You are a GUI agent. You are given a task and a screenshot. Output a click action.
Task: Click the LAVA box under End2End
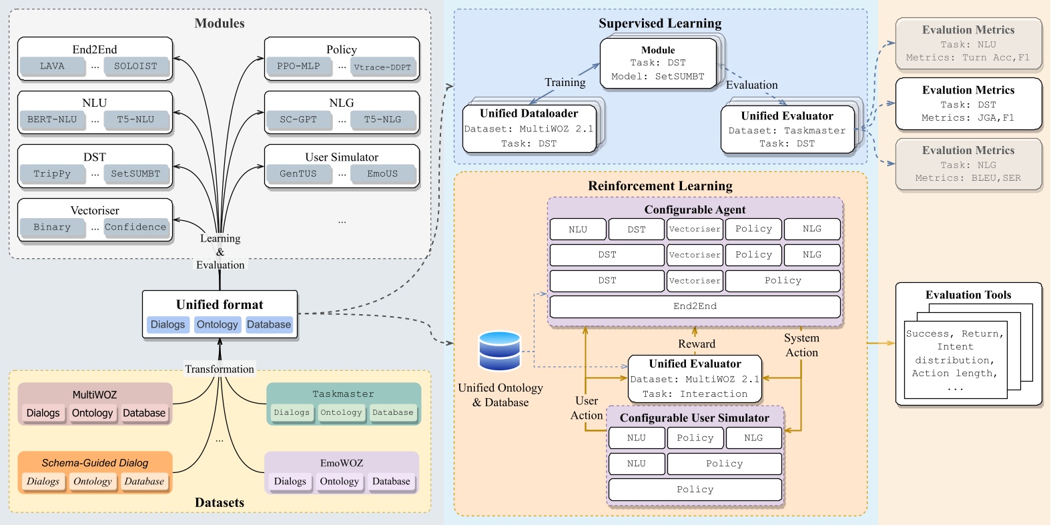tap(52, 66)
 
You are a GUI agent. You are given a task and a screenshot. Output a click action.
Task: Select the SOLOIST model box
tap(135, 66)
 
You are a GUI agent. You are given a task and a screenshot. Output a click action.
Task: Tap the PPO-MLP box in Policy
tap(298, 66)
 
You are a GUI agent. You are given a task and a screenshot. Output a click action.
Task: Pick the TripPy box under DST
tap(52, 173)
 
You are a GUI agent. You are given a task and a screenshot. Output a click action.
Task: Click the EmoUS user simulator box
tap(382, 173)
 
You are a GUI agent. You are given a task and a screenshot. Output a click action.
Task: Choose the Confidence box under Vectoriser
tap(135, 227)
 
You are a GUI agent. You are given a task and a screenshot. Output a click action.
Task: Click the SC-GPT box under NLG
tap(298, 119)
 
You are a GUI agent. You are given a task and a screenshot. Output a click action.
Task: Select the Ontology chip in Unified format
tap(217, 325)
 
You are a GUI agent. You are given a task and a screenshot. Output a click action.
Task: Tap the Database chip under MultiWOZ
tap(144, 413)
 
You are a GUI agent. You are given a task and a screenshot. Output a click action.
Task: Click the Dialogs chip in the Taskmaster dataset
tap(292, 412)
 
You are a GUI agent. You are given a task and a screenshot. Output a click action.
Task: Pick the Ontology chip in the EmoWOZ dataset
tap(339, 481)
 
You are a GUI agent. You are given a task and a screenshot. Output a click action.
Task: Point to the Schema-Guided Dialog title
tap(95, 462)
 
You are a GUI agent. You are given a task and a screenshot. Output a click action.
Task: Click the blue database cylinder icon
tap(499, 351)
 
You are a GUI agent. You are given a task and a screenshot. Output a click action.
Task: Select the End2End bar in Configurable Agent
tap(695, 306)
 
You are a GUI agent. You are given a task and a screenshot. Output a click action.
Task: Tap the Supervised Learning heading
tap(660, 23)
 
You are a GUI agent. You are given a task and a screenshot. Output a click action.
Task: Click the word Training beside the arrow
tap(565, 82)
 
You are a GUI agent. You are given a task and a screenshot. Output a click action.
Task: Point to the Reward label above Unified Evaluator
tap(697, 344)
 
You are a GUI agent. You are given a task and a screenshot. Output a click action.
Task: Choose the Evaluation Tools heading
tap(968, 295)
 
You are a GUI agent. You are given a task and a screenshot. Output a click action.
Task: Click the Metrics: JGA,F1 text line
tap(968, 117)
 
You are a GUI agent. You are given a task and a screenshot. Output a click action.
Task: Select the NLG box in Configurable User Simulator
tap(753, 438)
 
